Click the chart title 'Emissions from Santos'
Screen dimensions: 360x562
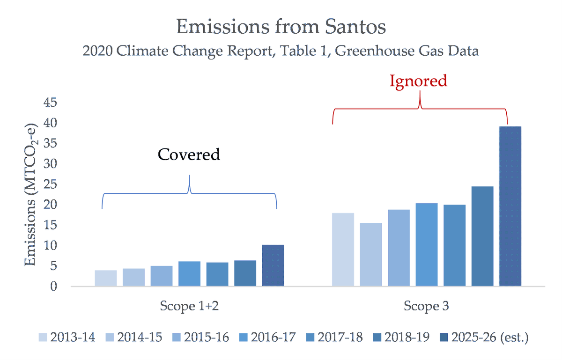[281, 27]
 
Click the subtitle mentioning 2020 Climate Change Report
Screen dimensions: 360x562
[281, 51]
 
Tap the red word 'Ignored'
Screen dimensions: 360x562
[418, 81]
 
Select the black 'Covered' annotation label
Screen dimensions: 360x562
[189, 154]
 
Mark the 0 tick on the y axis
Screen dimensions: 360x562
[54, 286]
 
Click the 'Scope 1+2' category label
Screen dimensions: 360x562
[189, 307]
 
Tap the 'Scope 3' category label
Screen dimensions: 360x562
[426, 307]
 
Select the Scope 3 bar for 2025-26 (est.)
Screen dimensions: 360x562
[510, 206]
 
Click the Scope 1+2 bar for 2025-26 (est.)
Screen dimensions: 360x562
[273, 265]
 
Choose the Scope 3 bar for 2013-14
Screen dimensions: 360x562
[343, 250]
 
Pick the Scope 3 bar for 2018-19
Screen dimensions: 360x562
[482, 236]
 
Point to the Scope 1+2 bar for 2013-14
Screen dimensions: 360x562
[105, 278]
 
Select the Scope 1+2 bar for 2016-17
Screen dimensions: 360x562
[189, 273]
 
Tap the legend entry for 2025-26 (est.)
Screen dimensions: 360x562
[484, 337]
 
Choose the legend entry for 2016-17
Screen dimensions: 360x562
[267, 337]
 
